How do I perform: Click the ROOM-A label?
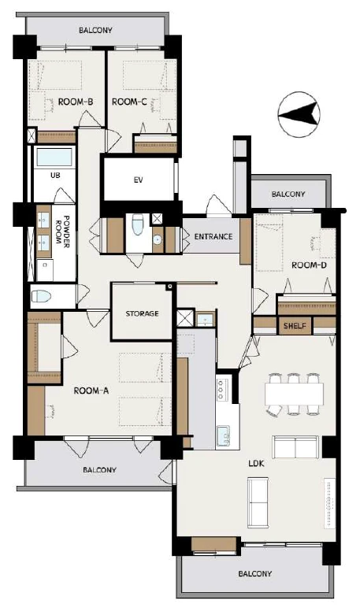click(91, 391)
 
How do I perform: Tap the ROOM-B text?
click(76, 102)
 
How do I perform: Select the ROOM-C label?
click(129, 102)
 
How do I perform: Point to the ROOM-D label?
click(309, 265)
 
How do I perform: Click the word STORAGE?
click(142, 313)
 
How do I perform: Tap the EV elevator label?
click(138, 180)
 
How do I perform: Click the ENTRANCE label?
click(213, 236)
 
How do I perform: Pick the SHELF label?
click(295, 325)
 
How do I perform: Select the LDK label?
click(257, 464)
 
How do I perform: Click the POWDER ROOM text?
click(63, 230)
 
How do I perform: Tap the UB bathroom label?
click(55, 176)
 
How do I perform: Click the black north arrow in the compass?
click(298, 113)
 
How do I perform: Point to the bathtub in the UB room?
click(54, 157)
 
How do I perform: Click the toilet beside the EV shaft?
click(137, 224)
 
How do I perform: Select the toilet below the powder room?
click(41, 296)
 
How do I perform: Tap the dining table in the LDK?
click(294, 394)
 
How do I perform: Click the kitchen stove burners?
click(221, 389)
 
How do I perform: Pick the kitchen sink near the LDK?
click(224, 435)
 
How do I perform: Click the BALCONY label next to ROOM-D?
click(288, 195)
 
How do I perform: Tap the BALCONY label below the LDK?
click(255, 573)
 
